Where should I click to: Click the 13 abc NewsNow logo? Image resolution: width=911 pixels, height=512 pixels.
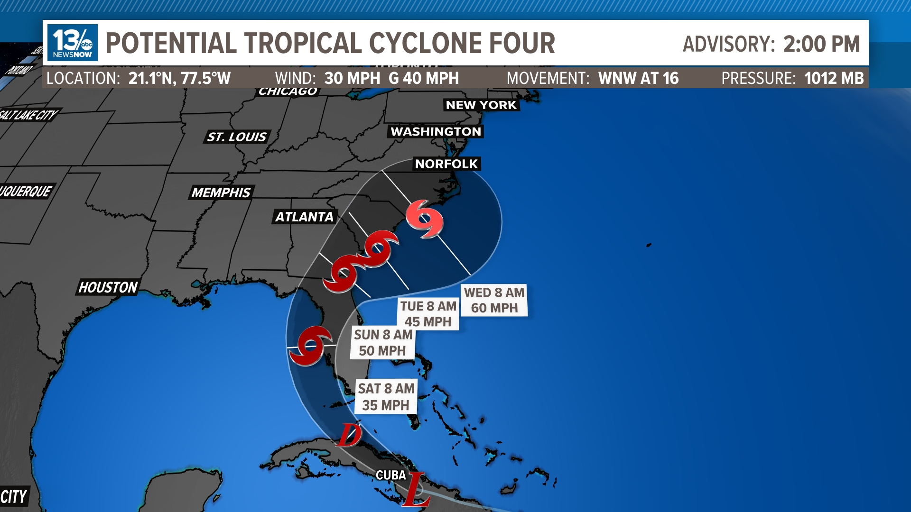(73, 43)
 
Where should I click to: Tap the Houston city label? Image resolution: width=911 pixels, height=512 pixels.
(108, 287)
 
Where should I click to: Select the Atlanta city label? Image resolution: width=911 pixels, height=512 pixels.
(305, 217)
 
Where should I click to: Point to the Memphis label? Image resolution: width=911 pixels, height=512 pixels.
(221, 192)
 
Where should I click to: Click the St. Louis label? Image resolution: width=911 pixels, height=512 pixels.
(237, 137)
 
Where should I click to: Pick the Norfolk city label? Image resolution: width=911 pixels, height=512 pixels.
(446, 164)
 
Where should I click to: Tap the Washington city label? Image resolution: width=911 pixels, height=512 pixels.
(436, 131)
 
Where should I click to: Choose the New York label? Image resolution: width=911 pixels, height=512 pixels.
(481, 105)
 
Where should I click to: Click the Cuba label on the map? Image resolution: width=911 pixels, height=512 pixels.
(390, 475)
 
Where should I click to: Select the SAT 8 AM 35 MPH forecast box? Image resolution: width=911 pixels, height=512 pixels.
(386, 396)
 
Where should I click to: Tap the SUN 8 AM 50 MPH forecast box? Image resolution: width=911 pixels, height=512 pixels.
(383, 342)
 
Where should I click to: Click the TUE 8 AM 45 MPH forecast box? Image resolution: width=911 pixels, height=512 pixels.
(428, 314)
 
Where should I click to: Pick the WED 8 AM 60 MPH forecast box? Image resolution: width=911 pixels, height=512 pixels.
(494, 300)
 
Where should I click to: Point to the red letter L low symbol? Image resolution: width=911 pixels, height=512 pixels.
(417, 489)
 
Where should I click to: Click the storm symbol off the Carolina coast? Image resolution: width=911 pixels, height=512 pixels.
(425, 219)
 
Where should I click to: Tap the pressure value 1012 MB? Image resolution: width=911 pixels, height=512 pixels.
(834, 78)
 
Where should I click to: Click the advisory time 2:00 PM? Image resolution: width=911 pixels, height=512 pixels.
(821, 44)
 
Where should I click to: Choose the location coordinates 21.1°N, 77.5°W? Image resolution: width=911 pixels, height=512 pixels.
(179, 78)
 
